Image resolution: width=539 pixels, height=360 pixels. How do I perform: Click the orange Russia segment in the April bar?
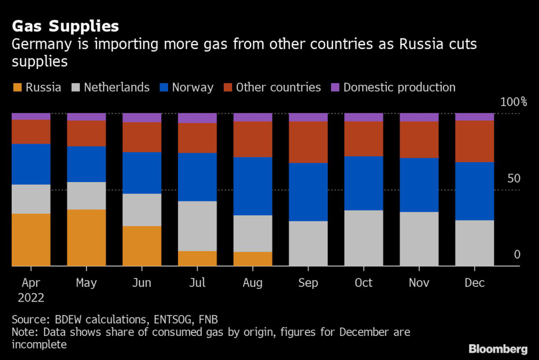pyautogui.click(x=31, y=239)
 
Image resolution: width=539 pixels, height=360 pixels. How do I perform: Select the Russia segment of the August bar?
pyautogui.click(x=253, y=259)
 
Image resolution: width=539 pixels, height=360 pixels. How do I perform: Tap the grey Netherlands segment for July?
pyautogui.click(x=197, y=226)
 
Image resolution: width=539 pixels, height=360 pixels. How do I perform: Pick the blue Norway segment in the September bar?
pyautogui.click(x=308, y=192)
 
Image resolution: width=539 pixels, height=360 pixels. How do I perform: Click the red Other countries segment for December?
pyautogui.click(x=475, y=141)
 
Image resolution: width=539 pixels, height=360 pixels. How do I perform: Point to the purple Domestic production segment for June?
pyautogui.click(x=142, y=118)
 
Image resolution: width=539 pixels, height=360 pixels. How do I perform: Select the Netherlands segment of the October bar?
pyautogui.click(x=364, y=238)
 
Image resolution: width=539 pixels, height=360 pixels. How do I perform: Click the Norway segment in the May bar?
pyautogui.click(x=86, y=164)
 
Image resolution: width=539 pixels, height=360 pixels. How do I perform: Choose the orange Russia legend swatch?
pyautogui.click(x=17, y=87)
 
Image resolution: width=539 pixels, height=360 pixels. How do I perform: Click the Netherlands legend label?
pyautogui.click(x=116, y=87)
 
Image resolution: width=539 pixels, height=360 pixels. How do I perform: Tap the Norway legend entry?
pyautogui.click(x=192, y=87)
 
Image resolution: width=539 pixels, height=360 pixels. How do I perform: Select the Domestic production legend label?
pyautogui.click(x=400, y=87)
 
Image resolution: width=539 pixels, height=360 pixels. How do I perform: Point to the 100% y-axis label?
pyautogui.click(x=510, y=102)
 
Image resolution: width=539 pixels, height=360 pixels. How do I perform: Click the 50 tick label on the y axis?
pyautogui.click(x=513, y=178)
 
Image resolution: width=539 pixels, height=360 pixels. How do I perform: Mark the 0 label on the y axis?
pyautogui.click(x=517, y=255)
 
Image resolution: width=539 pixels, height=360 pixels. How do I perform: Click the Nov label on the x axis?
pyautogui.click(x=419, y=283)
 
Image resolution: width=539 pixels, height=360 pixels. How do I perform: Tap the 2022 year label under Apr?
pyautogui.click(x=31, y=297)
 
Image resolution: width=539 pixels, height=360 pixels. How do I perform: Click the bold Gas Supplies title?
pyautogui.click(x=65, y=26)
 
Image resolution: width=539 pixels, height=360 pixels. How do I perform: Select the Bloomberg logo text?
pyautogui.click(x=498, y=349)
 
